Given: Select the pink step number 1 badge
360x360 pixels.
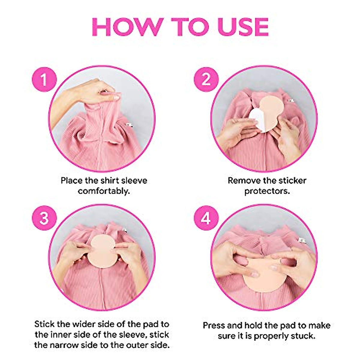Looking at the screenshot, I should pyautogui.click(x=44, y=80).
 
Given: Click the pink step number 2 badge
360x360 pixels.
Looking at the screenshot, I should pyautogui.click(x=206, y=80).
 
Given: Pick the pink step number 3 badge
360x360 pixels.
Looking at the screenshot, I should pyautogui.click(x=44, y=218).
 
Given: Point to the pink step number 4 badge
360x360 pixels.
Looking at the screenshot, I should pyautogui.click(x=206, y=218).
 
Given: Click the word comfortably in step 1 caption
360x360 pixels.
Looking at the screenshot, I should pyautogui.click(x=104, y=191).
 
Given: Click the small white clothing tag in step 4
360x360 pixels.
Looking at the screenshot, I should pyautogui.click(x=300, y=240).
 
